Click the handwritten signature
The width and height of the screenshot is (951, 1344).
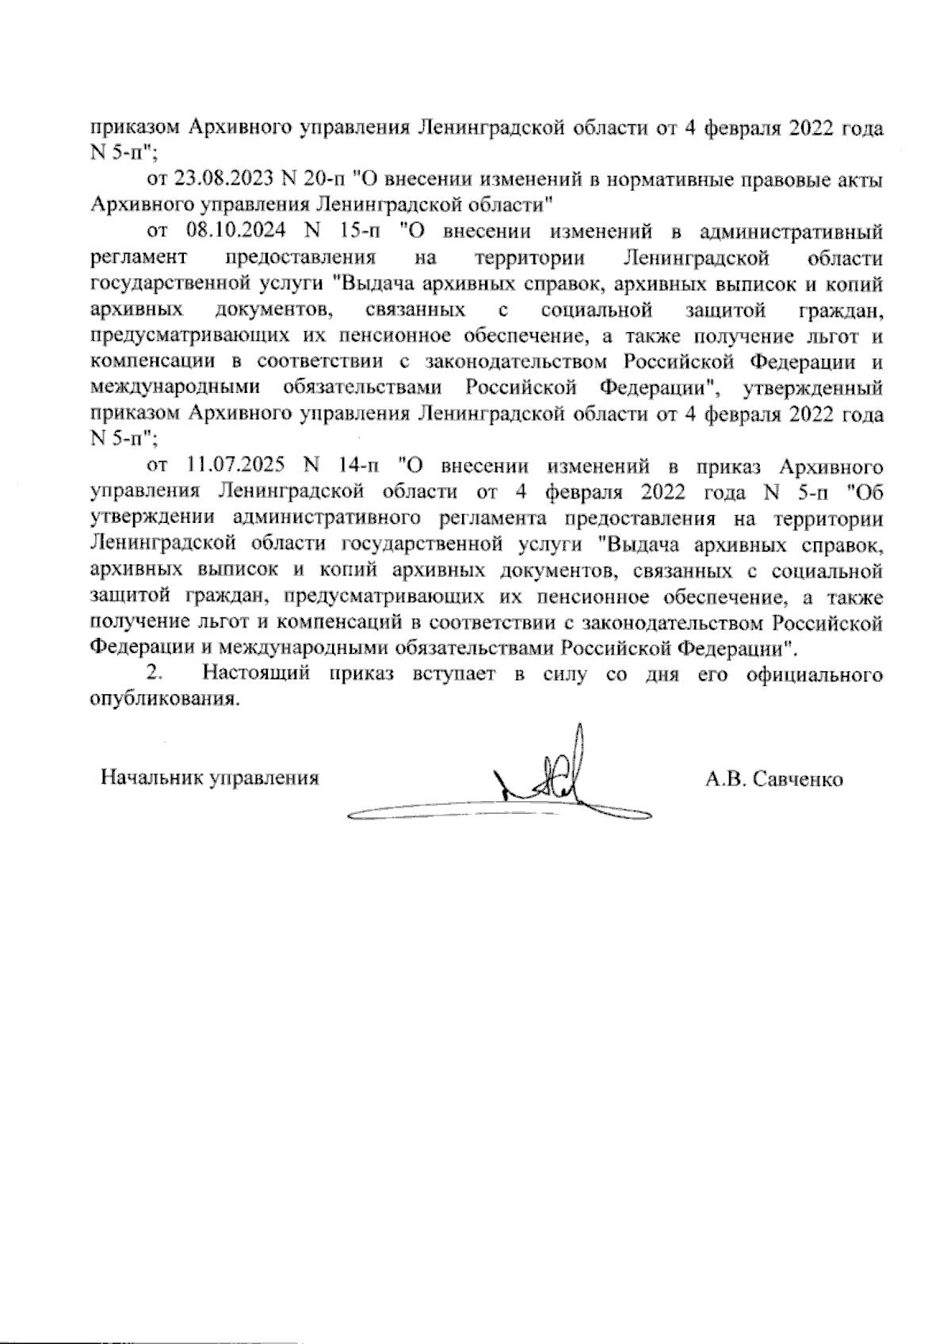click(x=547, y=781)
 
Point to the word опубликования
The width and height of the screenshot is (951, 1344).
click(x=165, y=701)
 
